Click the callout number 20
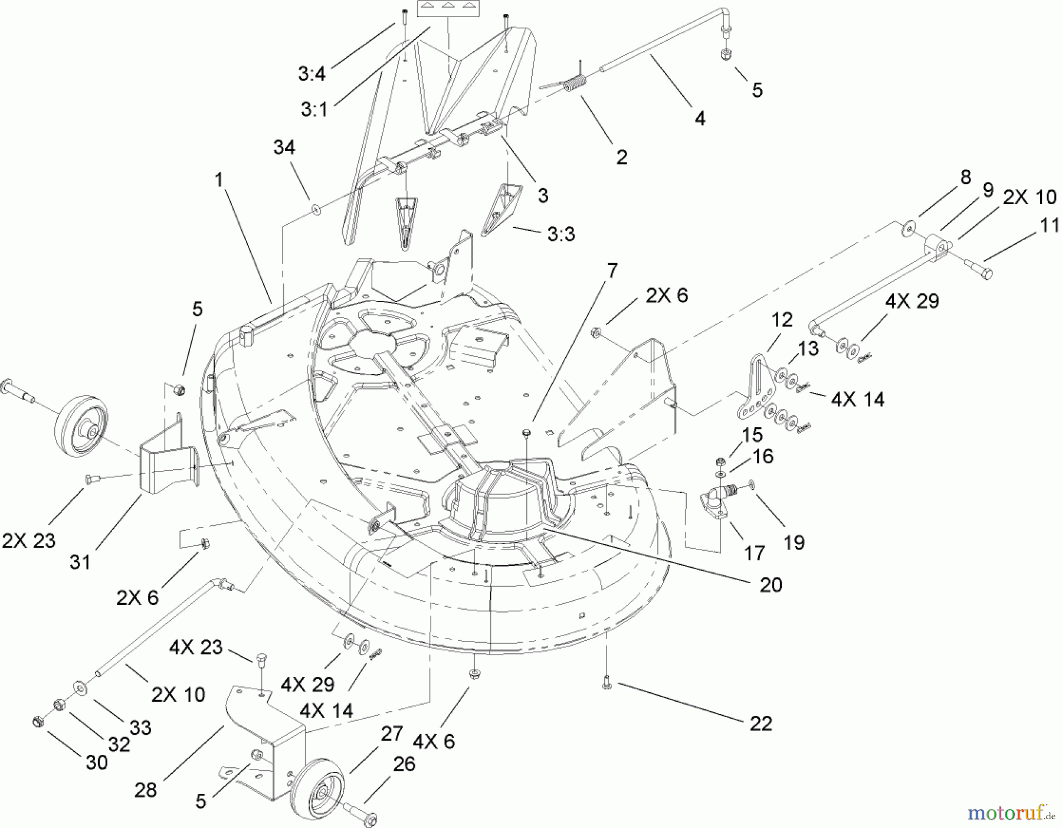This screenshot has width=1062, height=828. [771, 584]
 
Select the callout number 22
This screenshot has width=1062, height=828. [761, 724]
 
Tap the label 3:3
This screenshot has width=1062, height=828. [560, 234]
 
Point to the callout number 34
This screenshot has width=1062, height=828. [284, 148]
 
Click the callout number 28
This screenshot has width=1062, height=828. [146, 790]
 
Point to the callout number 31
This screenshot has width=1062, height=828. [80, 562]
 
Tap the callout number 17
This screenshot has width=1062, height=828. [754, 553]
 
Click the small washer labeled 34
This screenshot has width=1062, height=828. [316, 208]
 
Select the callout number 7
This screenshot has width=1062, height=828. [612, 271]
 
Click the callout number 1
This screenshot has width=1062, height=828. [219, 179]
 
